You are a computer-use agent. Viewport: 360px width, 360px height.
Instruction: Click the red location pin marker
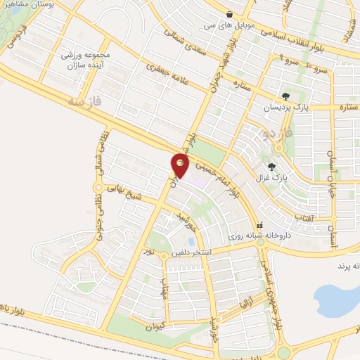click(181, 166)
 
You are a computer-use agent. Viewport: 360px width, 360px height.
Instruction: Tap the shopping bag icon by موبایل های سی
click(229, 13)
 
